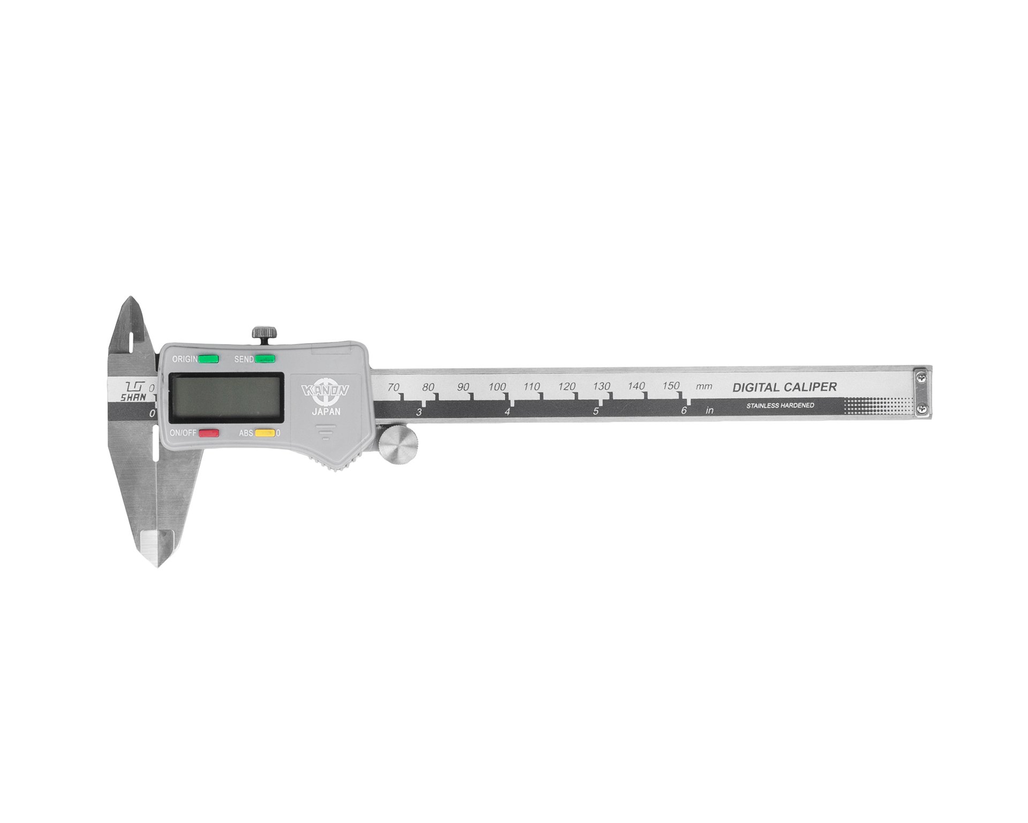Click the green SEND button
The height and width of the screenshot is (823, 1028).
click(264, 359)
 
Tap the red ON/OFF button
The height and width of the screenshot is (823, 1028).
click(209, 433)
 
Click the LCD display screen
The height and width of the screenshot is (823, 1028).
click(226, 397)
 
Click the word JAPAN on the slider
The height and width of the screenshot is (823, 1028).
click(326, 412)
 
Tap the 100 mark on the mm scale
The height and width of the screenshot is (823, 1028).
click(497, 387)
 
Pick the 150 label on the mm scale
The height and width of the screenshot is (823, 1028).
click(671, 386)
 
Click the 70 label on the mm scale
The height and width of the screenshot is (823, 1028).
click(394, 387)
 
